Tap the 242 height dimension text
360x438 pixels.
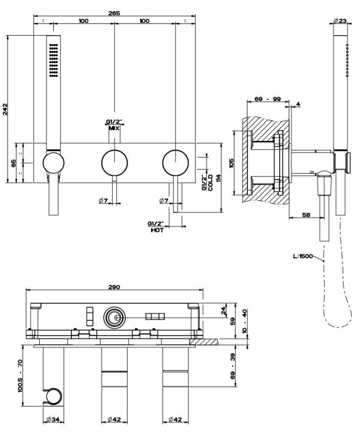[x=5, y=109]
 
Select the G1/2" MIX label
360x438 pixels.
[x=114, y=125]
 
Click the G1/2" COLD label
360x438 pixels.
[x=207, y=183]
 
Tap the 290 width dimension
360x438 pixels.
[x=114, y=287]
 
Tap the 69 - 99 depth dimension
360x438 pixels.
[x=267, y=99]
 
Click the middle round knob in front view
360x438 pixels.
[x=114, y=162]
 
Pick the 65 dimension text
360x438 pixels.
[x=14, y=162]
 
